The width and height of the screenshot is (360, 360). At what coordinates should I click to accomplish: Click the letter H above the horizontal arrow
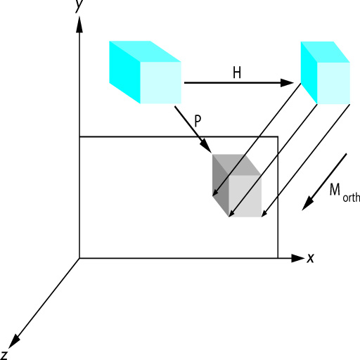[x=237, y=72]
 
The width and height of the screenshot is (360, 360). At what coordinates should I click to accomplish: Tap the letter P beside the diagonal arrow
[x=198, y=121]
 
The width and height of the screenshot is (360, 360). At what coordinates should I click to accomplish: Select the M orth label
[x=345, y=193]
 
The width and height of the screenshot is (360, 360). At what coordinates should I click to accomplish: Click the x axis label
[x=310, y=258]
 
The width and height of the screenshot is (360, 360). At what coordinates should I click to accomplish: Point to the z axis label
[x=4, y=356]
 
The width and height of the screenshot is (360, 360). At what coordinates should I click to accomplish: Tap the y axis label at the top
[x=79, y=5]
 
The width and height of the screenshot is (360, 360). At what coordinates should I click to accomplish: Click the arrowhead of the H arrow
[x=287, y=83]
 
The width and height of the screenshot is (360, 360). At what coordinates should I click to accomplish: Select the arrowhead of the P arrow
[x=207, y=146]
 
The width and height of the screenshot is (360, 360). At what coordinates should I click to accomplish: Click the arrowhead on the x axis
[x=297, y=258]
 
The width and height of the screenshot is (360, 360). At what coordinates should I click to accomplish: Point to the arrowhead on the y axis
[x=79, y=24]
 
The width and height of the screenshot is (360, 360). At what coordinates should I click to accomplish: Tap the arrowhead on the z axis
[x=13, y=342]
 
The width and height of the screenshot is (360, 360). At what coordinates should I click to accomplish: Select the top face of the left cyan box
[x=146, y=51]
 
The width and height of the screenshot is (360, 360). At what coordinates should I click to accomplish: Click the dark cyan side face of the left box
[x=124, y=72]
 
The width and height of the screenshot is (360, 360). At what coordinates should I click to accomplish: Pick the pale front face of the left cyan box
[x=160, y=83]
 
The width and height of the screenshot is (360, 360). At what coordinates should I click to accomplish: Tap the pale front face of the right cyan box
[x=333, y=83]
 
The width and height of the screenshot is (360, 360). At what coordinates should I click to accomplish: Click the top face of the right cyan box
[x=326, y=52]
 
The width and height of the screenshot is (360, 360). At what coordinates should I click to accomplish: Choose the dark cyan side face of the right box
[x=309, y=72]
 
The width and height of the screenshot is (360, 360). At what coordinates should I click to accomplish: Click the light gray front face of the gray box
[x=245, y=196]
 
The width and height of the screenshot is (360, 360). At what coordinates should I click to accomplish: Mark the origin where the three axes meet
[x=79, y=258]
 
